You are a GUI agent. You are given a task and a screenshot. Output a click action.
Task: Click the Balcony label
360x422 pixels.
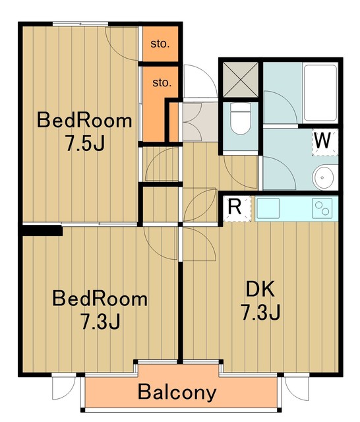click(x=177, y=392)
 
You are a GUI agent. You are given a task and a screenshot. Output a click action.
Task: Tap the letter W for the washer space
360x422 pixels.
click(x=322, y=140)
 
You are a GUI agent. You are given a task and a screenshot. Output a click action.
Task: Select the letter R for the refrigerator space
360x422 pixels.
click(x=235, y=206)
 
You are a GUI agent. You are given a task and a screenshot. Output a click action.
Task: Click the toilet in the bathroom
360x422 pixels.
click(x=241, y=119)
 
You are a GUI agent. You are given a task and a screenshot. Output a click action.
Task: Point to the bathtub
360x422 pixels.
click(x=320, y=92)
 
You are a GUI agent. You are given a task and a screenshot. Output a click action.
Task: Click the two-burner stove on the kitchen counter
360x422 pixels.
click(x=322, y=208)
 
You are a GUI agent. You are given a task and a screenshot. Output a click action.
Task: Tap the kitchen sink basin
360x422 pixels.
click(x=268, y=208)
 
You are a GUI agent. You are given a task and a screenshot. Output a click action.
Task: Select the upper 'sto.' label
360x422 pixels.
click(x=160, y=44)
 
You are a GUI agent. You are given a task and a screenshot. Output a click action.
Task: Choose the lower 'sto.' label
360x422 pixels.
click(x=162, y=82)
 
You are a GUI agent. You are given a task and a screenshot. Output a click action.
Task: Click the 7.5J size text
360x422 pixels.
click(x=84, y=144)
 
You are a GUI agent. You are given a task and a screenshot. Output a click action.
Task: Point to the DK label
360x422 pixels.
click(x=260, y=289)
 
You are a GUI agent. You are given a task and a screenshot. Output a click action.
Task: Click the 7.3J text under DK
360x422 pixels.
click(x=260, y=312)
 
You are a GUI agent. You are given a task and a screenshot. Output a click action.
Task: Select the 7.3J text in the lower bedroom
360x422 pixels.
click(x=100, y=322)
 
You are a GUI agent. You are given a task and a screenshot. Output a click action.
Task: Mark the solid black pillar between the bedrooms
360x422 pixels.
click(x=42, y=231)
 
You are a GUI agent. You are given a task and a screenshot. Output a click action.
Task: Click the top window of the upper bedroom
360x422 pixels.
click(x=80, y=24)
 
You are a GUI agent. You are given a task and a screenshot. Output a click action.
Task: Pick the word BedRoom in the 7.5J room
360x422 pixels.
click(x=84, y=121)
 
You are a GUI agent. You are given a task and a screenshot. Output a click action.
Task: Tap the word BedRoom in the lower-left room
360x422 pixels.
click(x=100, y=299)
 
